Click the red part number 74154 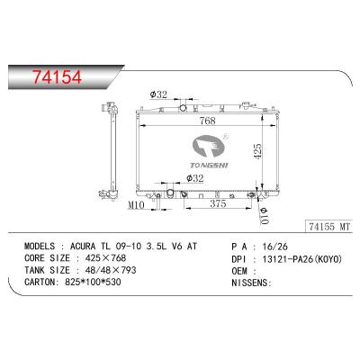click(58, 77)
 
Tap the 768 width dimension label click(208, 121)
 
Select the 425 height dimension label click(257, 151)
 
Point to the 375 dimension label click(218, 203)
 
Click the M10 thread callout click(136, 205)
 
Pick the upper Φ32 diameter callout click(158, 94)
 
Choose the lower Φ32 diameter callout click(194, 178)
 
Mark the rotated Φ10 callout click(264, 215)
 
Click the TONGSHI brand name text click(209, 166)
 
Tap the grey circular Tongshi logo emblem click(209, 147)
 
